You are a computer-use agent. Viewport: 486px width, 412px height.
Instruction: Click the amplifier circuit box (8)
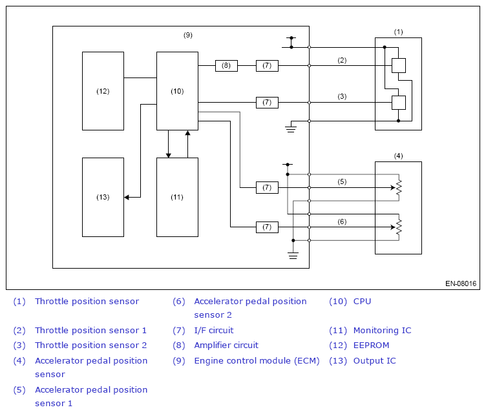(x=226, y=66)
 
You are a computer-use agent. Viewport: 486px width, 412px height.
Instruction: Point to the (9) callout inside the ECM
(x=188, y=35)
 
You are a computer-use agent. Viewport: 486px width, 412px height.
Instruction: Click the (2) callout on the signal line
(x=342, y=60)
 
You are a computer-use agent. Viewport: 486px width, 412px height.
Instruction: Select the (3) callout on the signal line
(x=342, y=96)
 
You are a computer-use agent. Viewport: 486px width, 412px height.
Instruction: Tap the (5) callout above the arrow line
(x=342, y=181)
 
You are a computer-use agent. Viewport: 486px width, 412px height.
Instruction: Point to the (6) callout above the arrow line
(x=342, y=221)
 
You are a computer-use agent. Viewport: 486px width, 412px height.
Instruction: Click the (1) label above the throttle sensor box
(x=398, y=32)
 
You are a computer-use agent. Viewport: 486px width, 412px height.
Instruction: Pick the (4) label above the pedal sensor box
(x=398, y=156)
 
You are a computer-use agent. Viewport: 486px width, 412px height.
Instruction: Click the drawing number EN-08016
(x=461, y=283)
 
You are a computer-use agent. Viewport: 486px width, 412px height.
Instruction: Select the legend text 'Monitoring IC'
(x=382, y=331)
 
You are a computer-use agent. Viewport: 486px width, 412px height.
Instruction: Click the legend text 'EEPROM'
(x=371, y=345)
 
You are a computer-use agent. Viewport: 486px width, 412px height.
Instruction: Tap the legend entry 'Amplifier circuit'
(x=226, y=345)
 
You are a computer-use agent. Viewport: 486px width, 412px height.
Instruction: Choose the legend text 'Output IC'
(x=374, y=361)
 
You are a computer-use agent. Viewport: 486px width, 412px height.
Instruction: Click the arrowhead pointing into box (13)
(x=127, y=198)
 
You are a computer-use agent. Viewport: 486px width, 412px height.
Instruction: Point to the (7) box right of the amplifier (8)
(x=267, y=66)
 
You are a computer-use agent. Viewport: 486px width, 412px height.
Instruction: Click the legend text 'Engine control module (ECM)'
(x=257, y=361)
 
